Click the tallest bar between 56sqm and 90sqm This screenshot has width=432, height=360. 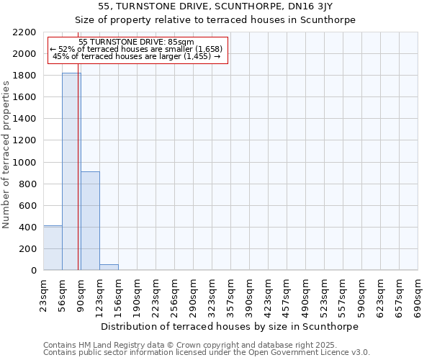pos(71,173)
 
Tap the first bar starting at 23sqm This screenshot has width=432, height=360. pos(53,248)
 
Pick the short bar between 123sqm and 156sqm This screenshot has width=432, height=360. pos(109,267)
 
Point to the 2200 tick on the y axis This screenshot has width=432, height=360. pos(26,32)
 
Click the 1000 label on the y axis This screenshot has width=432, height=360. pos(26,162)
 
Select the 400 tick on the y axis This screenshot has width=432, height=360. pos(29,227)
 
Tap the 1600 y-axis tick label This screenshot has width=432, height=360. pos(26,97)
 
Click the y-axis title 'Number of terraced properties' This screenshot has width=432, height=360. pos(6,155)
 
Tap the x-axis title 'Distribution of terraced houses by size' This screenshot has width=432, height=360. pos(230,326)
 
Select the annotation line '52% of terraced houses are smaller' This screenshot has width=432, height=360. pos(137,49)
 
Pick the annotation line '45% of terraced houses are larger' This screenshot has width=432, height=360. pos(137,56)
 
